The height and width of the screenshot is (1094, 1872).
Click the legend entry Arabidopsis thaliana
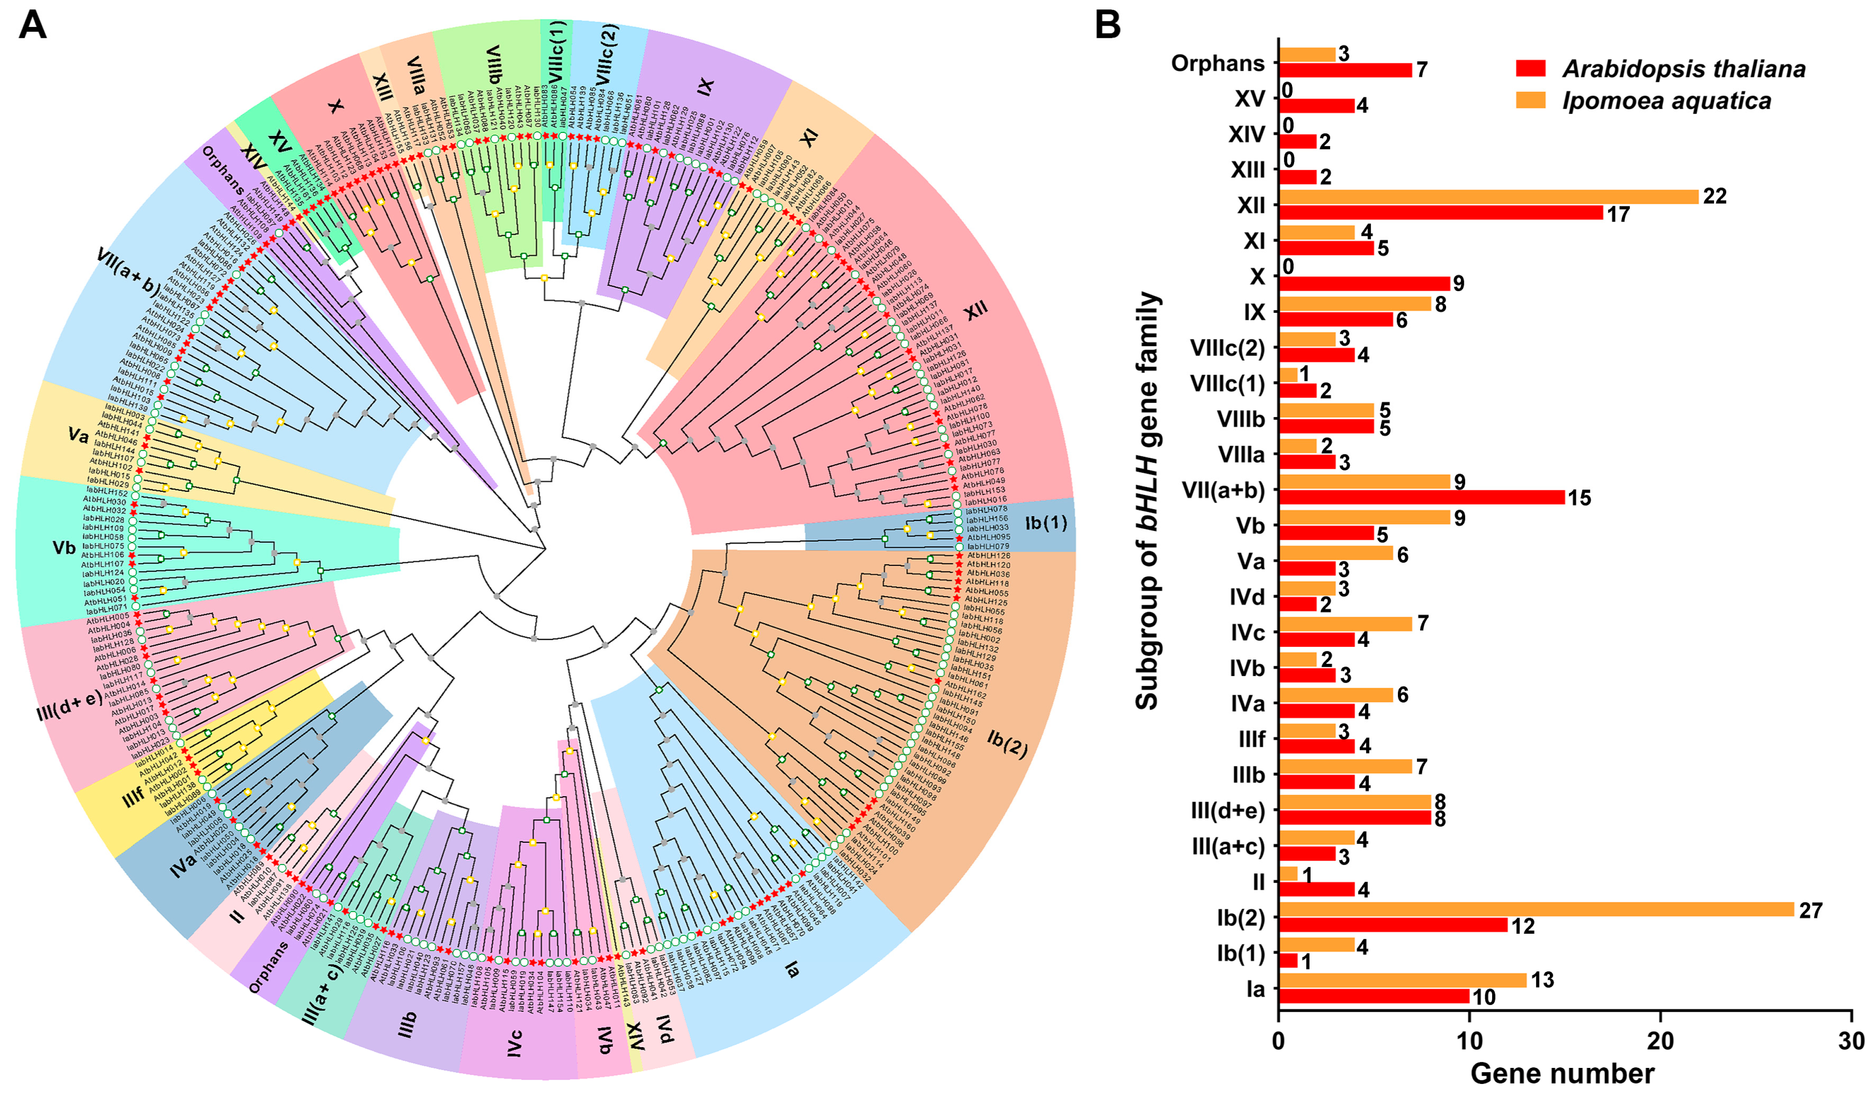1683,69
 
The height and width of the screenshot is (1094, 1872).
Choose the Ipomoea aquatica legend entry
1666,101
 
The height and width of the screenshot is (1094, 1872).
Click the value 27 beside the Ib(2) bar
1810,910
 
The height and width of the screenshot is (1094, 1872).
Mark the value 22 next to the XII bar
1714,196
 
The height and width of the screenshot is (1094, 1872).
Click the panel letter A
32,26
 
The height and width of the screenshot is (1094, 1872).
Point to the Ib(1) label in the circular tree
1046,523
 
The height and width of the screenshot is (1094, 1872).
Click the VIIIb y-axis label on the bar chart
1241,419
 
